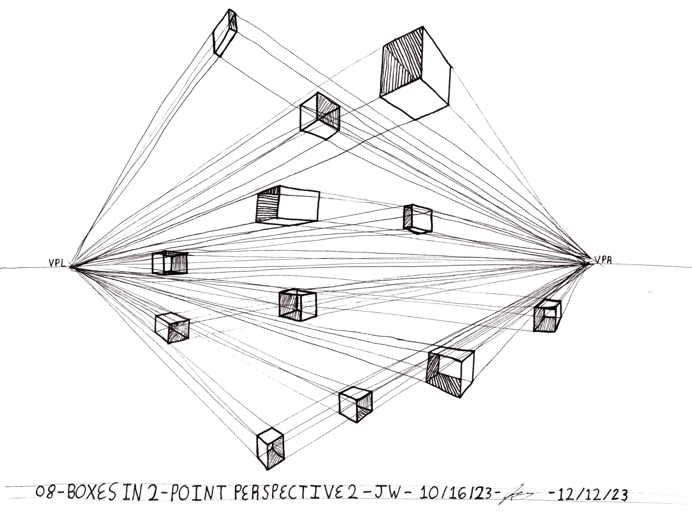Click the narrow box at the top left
pyautogui.click(x=224, y=33)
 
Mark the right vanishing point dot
pyautogui.click(x=587, y=264)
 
